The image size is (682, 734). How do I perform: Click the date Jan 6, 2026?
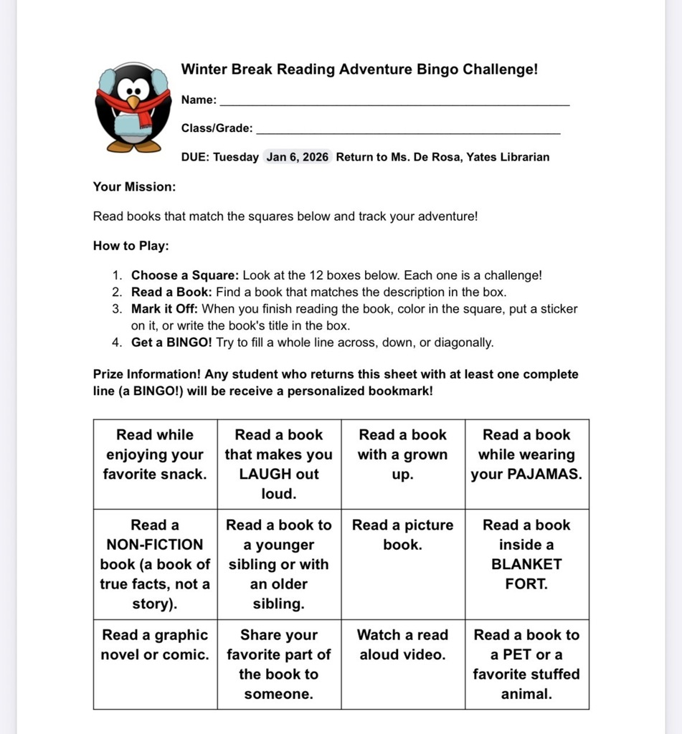297,157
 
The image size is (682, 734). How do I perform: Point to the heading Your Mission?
134,186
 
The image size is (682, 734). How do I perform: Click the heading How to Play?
131,246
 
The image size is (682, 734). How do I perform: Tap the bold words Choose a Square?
185,275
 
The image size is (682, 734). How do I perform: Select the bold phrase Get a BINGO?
171,342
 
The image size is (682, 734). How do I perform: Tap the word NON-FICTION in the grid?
155,544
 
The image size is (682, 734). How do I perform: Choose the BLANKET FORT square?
526,564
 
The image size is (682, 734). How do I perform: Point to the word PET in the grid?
511,654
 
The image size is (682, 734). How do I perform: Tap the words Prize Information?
147,374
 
